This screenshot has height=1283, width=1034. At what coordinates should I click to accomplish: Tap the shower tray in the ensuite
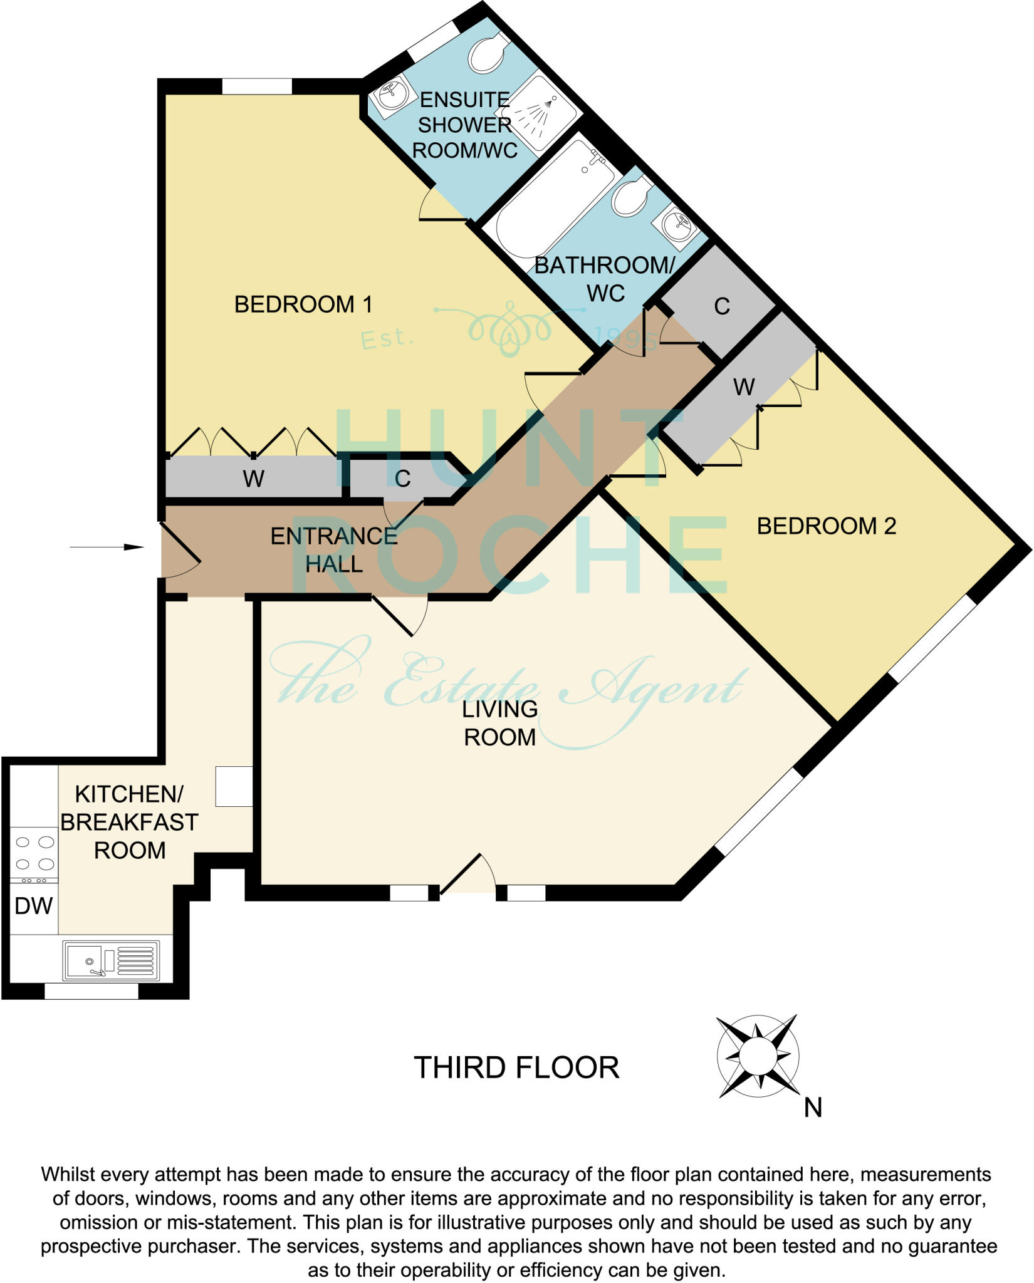(x=540, y=113)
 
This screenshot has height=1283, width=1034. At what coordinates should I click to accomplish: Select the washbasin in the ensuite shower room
(x=393, y=95)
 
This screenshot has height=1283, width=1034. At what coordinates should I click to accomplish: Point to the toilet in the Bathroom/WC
(x=632, y=196)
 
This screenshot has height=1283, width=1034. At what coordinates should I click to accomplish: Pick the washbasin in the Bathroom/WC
(x=674, y=223)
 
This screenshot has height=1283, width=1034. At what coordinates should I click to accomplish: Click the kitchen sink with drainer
(x=110, y=960)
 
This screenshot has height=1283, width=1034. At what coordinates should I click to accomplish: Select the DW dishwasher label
(x=33, y=906)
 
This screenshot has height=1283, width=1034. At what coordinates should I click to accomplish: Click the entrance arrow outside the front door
(x=107, y=547)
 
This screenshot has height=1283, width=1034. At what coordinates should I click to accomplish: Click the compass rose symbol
(x=757, y=1056)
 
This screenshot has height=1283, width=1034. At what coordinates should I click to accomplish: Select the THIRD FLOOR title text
(x=516, y=1067)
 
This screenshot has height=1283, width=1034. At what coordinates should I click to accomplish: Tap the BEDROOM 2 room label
(x=826, y=526)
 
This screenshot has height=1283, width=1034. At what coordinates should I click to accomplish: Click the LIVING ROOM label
(x=499, y=723)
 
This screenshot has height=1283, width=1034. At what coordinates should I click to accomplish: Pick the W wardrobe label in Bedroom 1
(x=253, y=479)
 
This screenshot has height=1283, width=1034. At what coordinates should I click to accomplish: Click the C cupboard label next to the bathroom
(x=722, y=306)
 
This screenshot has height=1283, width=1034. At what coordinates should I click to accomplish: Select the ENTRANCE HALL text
(x=334, y=549)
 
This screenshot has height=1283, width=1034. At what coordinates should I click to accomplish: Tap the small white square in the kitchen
(x=234, y=786)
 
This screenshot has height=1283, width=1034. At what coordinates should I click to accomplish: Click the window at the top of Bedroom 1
(x=257, y=86)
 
